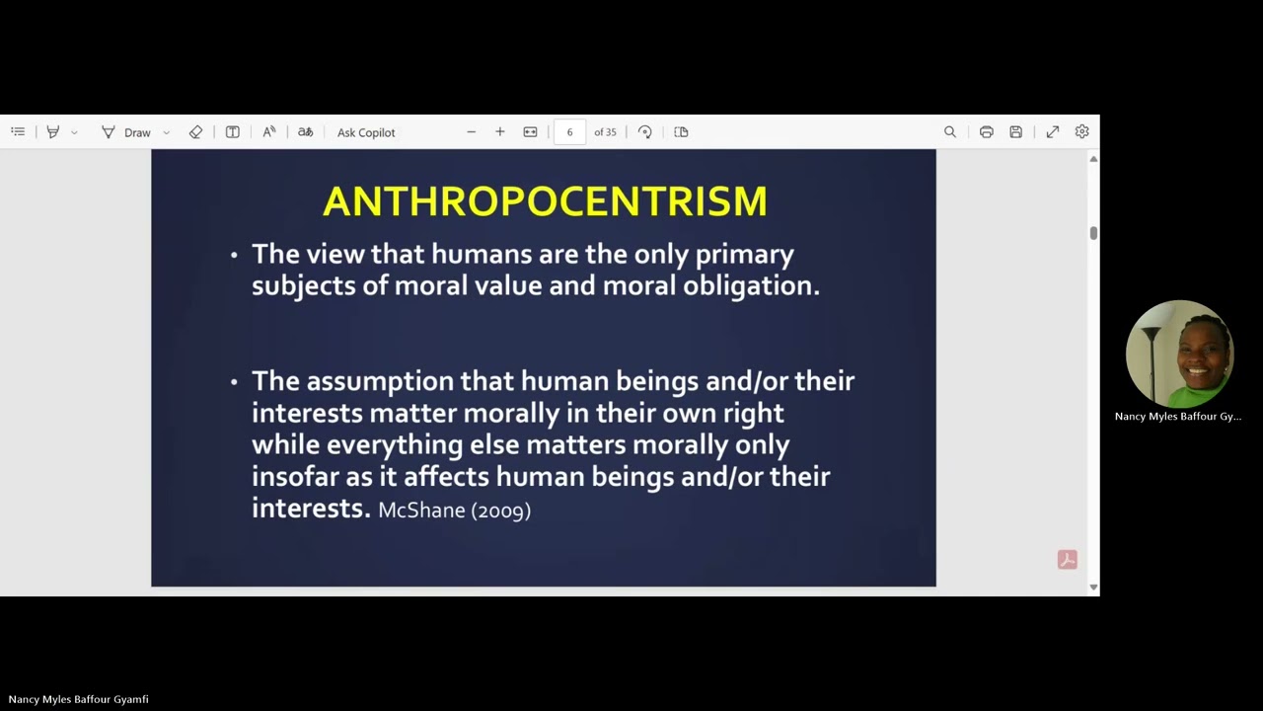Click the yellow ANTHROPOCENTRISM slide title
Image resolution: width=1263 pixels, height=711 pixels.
pos(545,201)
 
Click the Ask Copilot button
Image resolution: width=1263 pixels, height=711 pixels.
pos(366,132)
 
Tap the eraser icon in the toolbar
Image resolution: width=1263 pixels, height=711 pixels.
pos(195,132)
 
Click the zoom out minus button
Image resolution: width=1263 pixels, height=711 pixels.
pos(471,132)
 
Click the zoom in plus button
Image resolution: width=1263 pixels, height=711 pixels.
pos(500,132)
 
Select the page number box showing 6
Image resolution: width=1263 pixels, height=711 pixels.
pos(569,132)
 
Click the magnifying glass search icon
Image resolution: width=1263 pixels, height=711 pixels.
pos(950,132)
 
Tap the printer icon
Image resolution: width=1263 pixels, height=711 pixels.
pos(986,132)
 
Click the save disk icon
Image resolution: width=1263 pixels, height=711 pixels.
pos(1015,132)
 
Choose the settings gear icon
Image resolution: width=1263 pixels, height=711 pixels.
pos(1081,132)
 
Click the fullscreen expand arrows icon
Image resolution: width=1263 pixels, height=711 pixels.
pos(1053,132)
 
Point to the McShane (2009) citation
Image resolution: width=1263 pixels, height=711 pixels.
pos(455,511)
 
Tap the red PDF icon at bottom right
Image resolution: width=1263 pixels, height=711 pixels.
pos(1067,560)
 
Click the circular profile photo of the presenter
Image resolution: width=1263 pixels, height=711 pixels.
pos(1179,355)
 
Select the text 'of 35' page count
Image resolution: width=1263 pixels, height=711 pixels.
pos(605,132)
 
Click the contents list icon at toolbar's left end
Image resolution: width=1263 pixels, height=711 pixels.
pos(18,132)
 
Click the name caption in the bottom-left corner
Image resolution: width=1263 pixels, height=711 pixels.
pos(79,699)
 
